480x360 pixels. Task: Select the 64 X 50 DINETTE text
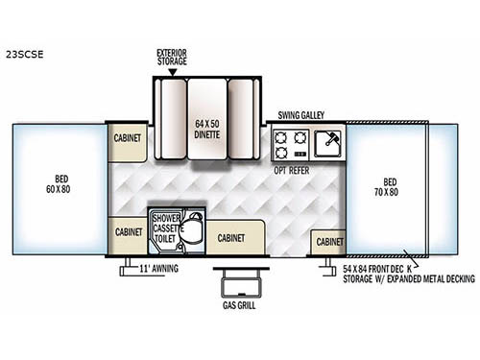tap(207, 128)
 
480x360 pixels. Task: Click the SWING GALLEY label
tap(300, 113)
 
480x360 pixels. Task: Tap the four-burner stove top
tap(285, 144)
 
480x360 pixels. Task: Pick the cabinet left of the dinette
tap(128, 138)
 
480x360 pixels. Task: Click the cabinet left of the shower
tap(128, 232)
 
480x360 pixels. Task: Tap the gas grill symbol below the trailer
tap(234, 284)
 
